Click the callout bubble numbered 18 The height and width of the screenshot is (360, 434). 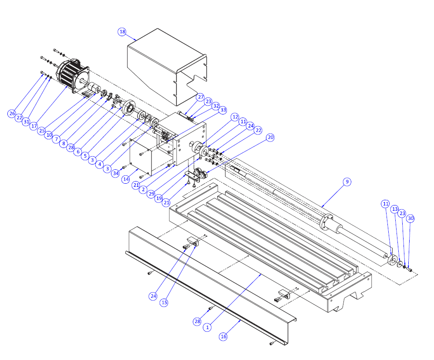click(x=122, y=32)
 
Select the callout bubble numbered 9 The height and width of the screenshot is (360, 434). click(x=347, y=182)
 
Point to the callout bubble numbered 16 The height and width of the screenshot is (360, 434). click(x=223, y=336)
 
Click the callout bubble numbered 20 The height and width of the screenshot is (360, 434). click(x=270, y=137)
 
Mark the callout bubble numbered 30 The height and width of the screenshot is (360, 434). click(x=410, y=219)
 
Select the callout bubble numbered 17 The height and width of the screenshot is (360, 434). click(x=34, y=126)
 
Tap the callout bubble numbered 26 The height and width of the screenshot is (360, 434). click(x=12, y=114)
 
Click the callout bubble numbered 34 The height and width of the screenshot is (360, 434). click(x=115, y=174)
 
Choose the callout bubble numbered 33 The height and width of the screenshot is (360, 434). click(x=223, y=111)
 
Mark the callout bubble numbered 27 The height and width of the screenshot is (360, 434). click(x=200, y=97)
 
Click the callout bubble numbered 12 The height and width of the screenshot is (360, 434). click(x=235, y=117)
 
